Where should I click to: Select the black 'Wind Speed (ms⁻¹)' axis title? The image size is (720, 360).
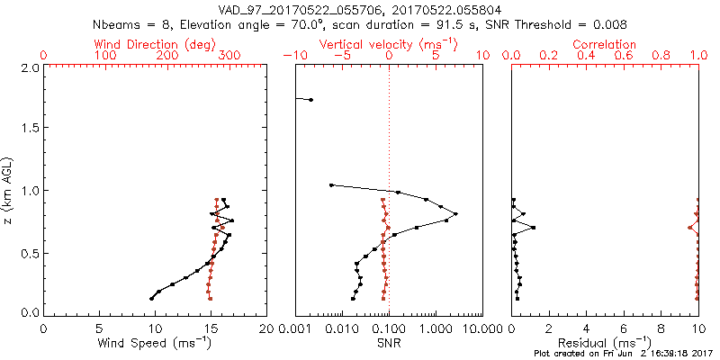coord(156,344)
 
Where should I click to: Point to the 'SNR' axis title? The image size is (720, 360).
coord(389,344)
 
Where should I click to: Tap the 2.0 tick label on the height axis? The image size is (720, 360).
coord(30,67)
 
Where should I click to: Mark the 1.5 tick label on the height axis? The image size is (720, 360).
coord(30,129)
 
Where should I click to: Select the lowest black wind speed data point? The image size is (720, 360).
coord(151,298)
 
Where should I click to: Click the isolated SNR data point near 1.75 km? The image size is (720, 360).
coord(311,100)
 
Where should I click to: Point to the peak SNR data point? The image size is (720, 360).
coord(456,213)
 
